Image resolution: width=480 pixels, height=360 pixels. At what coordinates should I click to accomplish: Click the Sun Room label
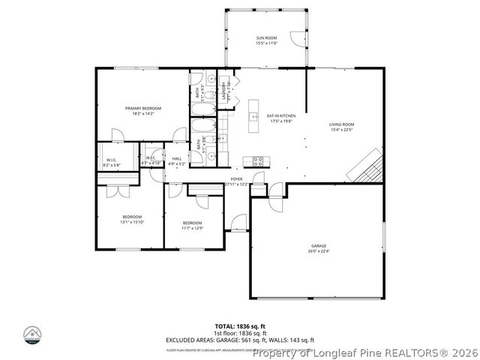tap(266, 40)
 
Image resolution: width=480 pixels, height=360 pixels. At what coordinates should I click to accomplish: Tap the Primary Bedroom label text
tap(142, 111)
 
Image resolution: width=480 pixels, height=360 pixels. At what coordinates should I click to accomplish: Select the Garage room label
tap(319, 248)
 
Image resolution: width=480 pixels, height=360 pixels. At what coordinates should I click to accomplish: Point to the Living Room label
tap(341, 127)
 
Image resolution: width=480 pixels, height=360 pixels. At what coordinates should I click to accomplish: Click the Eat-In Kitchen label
tap(281, 118)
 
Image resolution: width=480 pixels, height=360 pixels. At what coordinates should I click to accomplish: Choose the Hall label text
tap(177, 160)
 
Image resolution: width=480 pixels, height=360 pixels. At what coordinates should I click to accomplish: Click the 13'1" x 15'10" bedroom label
tap(132, 219)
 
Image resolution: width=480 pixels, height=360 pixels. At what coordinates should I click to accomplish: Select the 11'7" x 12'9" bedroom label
tap(192, 225)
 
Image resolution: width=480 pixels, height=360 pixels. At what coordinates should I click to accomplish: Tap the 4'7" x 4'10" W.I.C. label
tap(151, 161)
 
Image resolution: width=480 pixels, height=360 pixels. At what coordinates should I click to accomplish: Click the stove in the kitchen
tap(257, 160)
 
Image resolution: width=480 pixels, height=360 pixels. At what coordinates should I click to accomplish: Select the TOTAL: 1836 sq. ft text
tap(240, 326)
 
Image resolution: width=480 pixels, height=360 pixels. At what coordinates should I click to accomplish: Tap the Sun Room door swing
tap(298, 39)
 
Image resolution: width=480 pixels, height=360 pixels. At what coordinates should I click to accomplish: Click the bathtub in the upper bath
tap(201, 113)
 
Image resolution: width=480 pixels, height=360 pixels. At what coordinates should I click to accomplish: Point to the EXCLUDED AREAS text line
tap(240, 341)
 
